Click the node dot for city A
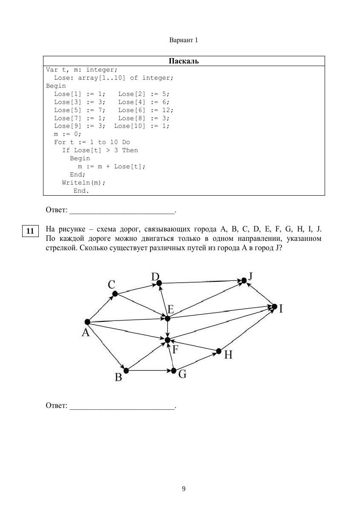point(87,322)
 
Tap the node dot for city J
point(244,280)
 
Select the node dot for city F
point(167,340)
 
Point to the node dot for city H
point(219,351)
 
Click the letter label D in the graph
point(155,277)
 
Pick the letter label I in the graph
point(281,309)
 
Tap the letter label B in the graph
point(118,377)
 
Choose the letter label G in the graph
point(182,374)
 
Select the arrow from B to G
point(150,371)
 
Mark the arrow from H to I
point(246,329)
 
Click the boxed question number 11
point(30,231)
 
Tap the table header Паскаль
point(184,61)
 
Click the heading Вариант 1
point(184,40)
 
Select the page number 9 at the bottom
point(184,489)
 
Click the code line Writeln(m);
point(84,182)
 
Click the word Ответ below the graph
point(56,406)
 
